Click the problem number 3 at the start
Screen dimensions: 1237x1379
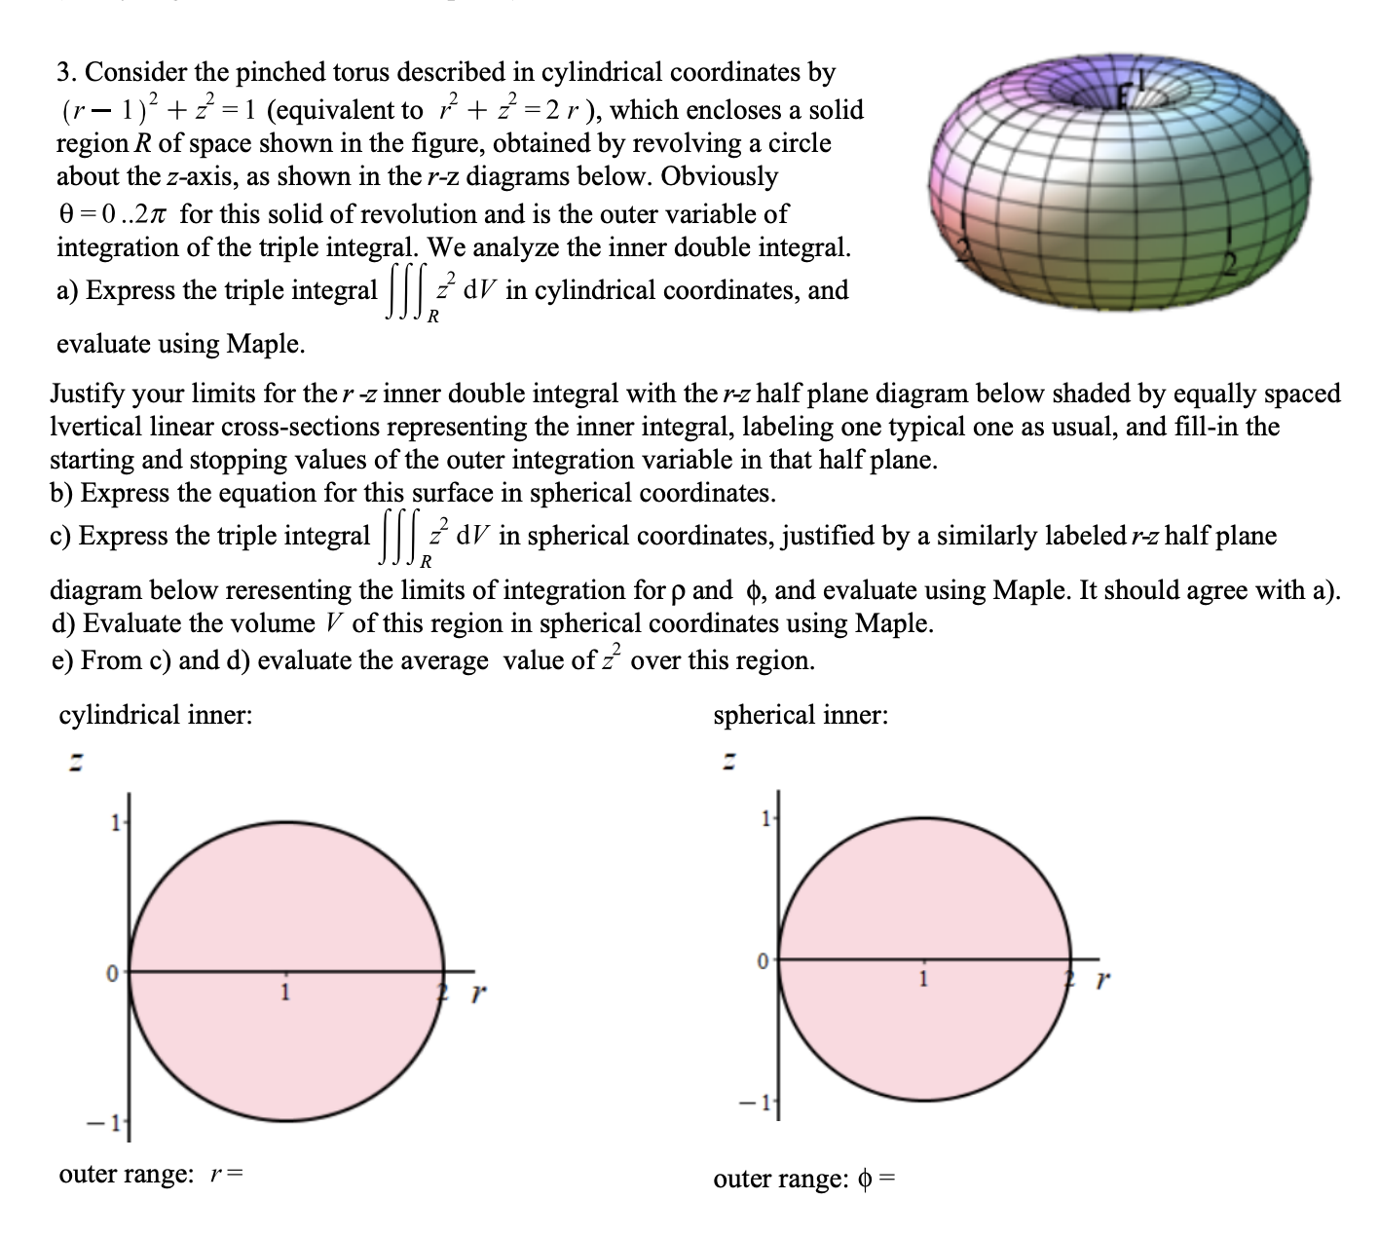click(x=65, y=72)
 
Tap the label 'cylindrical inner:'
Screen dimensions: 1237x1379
click(x=156, y=715)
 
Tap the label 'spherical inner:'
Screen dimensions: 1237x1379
click(x=801, y=715)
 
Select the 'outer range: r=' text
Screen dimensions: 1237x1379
click(x=151, y=1174)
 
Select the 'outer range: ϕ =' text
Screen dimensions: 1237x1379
click(x=804, y=1179)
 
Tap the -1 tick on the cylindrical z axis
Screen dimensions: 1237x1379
click(x=114, y=1121)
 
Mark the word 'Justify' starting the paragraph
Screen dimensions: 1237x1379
click(x=87, y=394)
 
